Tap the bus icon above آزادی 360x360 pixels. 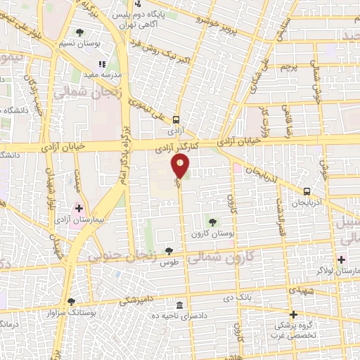click(176, 120)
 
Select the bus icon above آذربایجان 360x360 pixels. click(307, 191)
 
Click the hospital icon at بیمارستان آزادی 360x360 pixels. click(79, 209)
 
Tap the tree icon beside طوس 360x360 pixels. click(169, 250)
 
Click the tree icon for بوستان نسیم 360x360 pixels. click(79, 32)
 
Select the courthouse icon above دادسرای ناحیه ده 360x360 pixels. click(181, 305)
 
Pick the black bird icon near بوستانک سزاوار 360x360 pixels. click(70, 302)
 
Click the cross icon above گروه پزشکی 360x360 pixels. click(294, 314)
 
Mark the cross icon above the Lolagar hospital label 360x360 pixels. click(341, 259)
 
